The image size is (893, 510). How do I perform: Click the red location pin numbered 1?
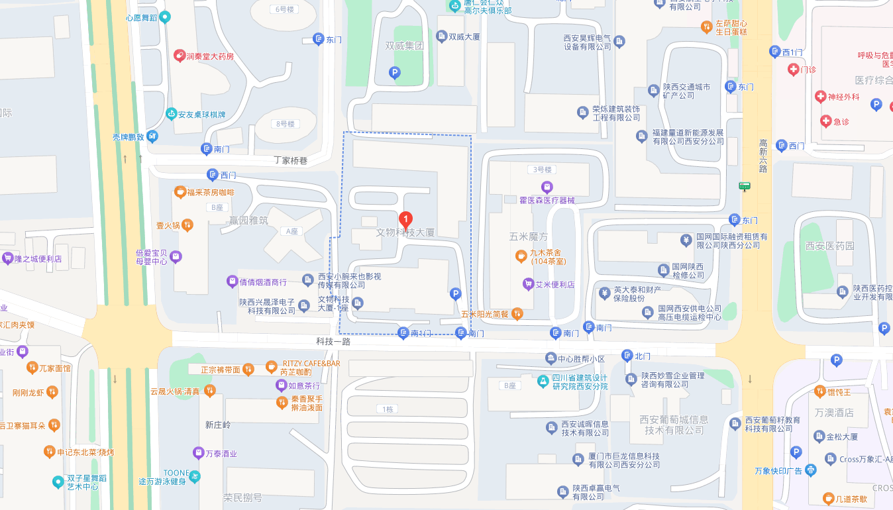(405, 219)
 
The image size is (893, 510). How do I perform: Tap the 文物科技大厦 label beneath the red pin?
(405, 232)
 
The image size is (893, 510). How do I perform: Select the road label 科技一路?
(333, 342)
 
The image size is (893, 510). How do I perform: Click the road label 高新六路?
(763, 156)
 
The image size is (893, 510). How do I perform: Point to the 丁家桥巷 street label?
(291, 160)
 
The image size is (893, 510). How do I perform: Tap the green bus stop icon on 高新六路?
(745, 186)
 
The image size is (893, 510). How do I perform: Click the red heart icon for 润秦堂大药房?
(179, 56)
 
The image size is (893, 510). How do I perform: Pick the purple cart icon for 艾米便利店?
(528, 284)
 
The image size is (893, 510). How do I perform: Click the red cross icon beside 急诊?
(825, 121)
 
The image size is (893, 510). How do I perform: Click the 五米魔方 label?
(529, 236)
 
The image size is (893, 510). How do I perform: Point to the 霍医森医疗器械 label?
(547, 199)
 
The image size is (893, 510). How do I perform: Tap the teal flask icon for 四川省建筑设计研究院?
(543, 382)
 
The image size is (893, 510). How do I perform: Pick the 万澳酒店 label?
(834, 413)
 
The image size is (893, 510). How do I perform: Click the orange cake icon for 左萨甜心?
(707, 27)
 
